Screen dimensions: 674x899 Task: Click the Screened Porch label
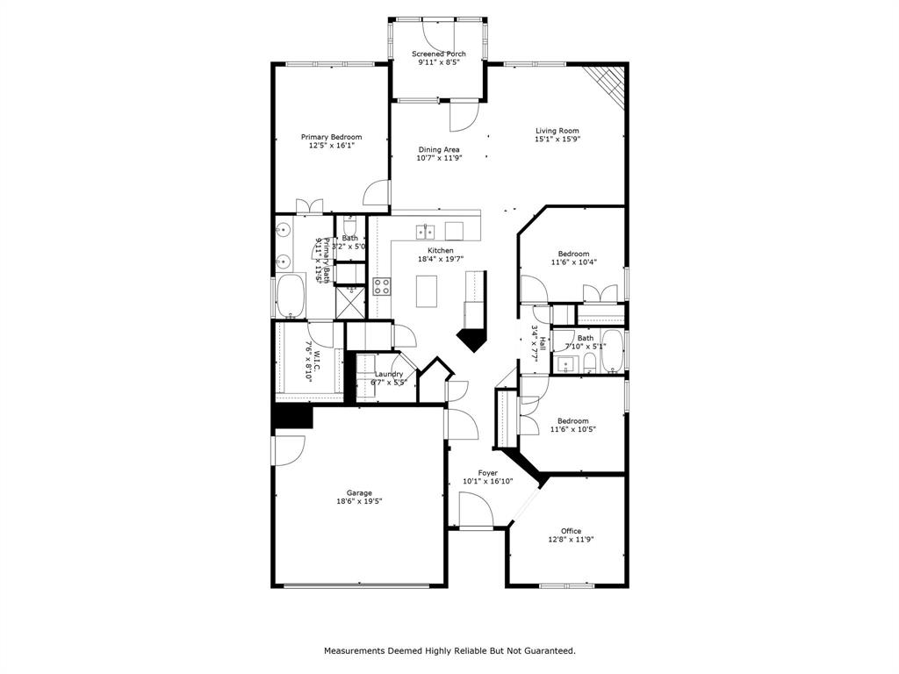(439, 54)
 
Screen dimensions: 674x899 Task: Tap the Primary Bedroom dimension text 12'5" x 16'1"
(331, 147)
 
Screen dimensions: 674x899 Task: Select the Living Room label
(557, 131)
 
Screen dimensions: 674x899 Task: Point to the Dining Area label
(438, 149)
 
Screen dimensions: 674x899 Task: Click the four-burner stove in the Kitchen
(382, 285)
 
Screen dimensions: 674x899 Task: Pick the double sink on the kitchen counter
(425, 232)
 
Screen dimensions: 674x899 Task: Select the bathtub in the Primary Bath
(289, 297)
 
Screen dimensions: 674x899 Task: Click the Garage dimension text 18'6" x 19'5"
(359, 502)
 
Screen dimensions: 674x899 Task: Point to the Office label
(571, 531)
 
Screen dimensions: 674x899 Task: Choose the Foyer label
(487, 472)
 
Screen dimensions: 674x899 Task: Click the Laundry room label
(388, 374)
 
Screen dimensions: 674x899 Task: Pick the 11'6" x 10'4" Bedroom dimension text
(573, 262)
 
